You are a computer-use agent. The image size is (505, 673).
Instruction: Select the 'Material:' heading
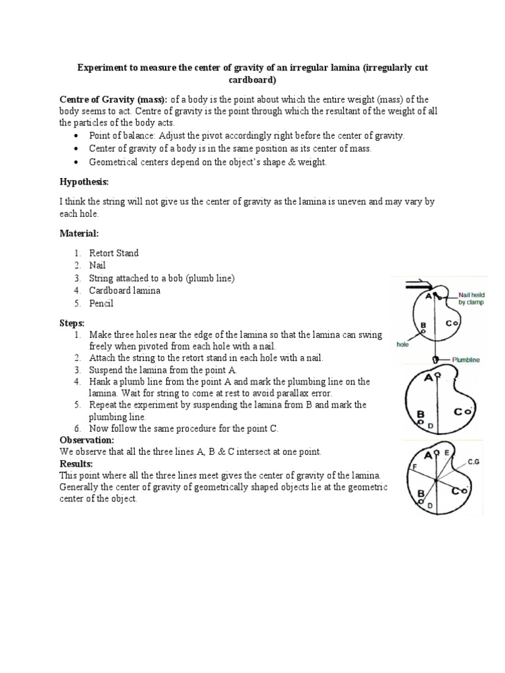[x=80, y=233]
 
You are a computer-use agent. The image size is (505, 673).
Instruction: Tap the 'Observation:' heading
[x=87, y=440]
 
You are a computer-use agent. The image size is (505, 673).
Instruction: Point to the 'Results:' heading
[x=76, y=463]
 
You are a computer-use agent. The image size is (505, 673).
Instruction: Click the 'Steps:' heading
[x=72, y=323]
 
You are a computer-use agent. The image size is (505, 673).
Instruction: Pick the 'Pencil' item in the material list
[x=101, y=303]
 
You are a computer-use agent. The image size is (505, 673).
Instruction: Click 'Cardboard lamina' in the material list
[x=125, y=290]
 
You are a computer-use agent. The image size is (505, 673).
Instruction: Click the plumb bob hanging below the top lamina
[x=435, y=360]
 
